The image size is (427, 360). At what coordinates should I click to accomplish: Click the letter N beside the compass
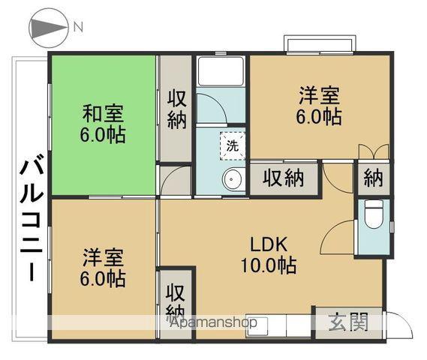click(x=78, y=27)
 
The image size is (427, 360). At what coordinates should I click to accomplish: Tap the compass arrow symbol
click(x=49, y=28)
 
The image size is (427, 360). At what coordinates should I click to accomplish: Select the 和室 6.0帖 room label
click(x=103, y=124)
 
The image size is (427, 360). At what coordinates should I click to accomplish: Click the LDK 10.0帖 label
click(x=269, y=255)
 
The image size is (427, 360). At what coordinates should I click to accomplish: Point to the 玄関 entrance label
click(x=348, y=322)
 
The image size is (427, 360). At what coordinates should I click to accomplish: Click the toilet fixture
click(x=374, y=214)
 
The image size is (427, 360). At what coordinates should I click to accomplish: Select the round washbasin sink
click(x=232, y=179)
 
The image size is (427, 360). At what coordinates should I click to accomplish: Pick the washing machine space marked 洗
click(x=233, y=146)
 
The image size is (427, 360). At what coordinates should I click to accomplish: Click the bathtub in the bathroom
click(x=221, y=71)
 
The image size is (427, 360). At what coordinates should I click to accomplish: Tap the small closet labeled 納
click(x=374, y=178)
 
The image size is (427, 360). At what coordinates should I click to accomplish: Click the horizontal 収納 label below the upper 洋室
click(x=283, y=178)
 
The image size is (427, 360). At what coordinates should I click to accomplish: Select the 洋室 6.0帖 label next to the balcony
click(x=103, y=268)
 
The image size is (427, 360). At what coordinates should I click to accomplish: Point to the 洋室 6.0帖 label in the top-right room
click(x=319, y=105)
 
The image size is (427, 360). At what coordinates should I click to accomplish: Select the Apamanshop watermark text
click(x=213, y=322)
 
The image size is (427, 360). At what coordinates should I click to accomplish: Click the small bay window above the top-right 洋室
click(x=320, y=43)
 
